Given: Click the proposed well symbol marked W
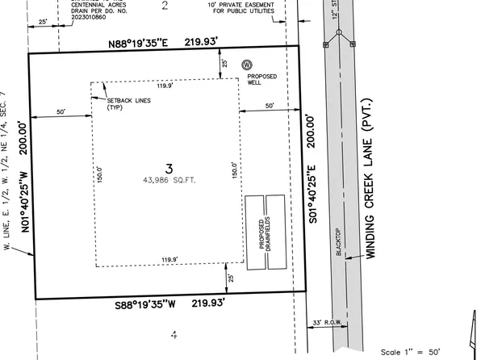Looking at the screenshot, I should (247, 64).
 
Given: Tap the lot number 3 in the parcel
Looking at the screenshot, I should (169, 168).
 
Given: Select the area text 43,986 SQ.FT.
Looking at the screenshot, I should (169, 182).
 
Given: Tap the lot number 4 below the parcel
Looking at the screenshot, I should (172, 333).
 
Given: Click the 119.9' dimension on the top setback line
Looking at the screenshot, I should (165, 84).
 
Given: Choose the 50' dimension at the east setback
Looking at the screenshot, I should (270, 106).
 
